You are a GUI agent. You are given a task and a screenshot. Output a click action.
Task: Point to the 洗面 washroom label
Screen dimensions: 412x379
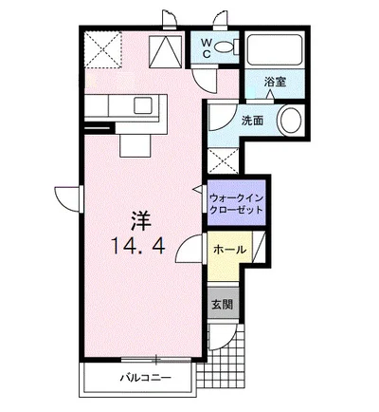(x=252, y=121)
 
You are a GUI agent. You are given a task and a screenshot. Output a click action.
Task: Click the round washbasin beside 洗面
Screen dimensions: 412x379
(x=290, y=122)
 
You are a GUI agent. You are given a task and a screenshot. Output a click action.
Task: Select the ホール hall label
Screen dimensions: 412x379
(x=230, y=251)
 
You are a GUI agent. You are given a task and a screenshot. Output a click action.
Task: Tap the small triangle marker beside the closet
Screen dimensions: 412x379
(x=199, y=189)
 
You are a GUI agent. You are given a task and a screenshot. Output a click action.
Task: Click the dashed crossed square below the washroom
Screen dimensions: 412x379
(x=224, y=160)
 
